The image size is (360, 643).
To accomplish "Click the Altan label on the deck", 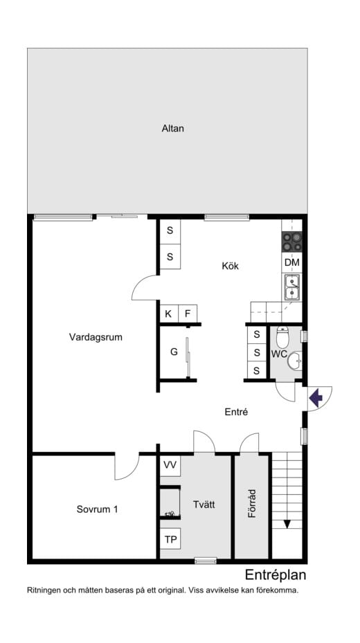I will (172, 128).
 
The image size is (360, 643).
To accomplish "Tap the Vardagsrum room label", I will (96, 337).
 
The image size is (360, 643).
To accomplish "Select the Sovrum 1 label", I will (97, 509).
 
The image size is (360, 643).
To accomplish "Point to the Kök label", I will (230, 265).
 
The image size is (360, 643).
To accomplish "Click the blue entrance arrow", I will (316, 398).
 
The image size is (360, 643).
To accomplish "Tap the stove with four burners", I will (291, 242).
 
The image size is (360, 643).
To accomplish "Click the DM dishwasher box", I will (291, 263).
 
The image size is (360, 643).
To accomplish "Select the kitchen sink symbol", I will (291, 287).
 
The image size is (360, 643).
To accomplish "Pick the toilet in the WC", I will (282, 338).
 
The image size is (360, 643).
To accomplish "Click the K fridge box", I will (168, 314).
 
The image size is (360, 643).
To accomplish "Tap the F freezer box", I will (187, 314).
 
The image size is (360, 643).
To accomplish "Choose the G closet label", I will (174, 352).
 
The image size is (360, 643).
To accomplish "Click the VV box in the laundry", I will (170, 465).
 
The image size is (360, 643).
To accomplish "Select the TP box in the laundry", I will (170, 539).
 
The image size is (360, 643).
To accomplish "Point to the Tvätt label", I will (204, 505).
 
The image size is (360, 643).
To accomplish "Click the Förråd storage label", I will (252, 505).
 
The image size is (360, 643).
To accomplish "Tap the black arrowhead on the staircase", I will (287, 524).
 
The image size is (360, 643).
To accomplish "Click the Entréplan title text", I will (276, 574).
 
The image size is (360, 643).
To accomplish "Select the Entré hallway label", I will (236, 412).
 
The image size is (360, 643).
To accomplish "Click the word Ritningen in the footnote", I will (46, 590).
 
